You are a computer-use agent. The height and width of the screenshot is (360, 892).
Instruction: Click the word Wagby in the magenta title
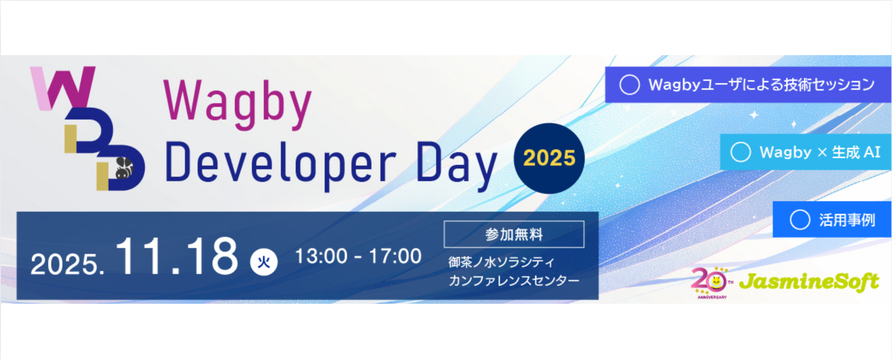pos(238,105)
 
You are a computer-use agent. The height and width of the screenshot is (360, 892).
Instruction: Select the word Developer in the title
pos(281,163)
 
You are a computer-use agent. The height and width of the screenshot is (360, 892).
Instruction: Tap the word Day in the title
pos(457,165)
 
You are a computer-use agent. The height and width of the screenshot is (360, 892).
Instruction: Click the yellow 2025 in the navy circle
pos(549,158)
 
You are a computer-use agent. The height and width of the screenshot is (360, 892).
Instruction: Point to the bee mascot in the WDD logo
pos(123,168)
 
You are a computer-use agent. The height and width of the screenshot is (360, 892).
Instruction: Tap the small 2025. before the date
pos(67,264)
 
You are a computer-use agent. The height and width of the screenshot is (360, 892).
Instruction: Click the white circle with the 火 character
pos(264,262)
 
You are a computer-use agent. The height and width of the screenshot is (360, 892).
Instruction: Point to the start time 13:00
pos(321,256)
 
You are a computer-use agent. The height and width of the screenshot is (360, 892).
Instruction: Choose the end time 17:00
pos(395,256)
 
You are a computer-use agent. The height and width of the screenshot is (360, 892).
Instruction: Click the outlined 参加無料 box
pos(514,234)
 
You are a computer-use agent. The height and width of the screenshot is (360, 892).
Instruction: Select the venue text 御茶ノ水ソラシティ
pos(501,262)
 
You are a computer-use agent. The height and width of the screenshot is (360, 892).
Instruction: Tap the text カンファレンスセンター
pos(514,281)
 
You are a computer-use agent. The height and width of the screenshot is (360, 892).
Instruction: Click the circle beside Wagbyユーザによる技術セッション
pos(629,85)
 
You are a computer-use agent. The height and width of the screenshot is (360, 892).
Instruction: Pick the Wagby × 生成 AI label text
pos(820,152)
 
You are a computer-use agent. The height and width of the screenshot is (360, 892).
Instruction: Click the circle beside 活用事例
pos(800,220)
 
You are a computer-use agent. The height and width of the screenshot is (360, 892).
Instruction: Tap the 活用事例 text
pos(847,220)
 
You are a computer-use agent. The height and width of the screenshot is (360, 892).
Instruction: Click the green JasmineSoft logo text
pos(809,281)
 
